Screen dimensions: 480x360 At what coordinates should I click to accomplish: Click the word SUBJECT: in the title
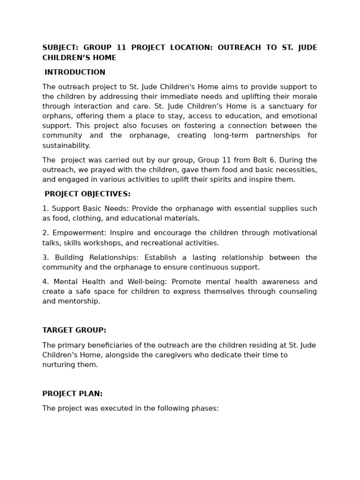click(60, 48)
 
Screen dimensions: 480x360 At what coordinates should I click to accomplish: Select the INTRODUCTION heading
click(75, 72)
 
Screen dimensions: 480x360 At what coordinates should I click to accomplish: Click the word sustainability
click(66, 145)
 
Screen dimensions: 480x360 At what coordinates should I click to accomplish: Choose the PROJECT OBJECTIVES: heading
click(88, 194)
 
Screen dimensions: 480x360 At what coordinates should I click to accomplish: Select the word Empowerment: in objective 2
click(78, 233)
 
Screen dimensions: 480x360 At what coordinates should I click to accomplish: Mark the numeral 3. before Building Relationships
click(45, 257)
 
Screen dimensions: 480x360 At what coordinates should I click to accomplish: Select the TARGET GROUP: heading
click(74, 330)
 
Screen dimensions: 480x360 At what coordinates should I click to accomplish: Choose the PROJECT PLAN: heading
click(72, 394)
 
